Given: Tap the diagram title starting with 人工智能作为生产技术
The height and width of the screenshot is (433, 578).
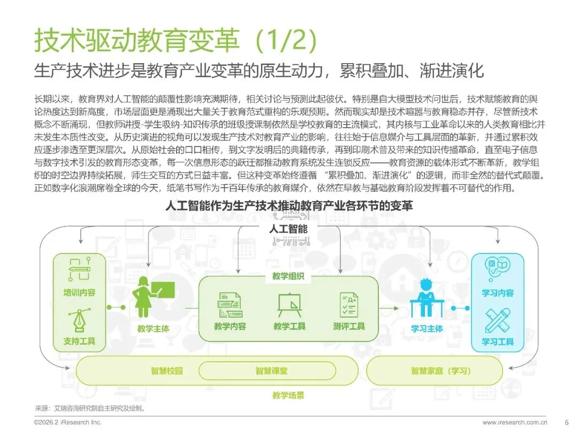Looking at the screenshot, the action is pyautogui.click(x=289, y=205).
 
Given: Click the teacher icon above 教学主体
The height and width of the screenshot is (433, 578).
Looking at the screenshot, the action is pyautogui.click(x=152, y=297).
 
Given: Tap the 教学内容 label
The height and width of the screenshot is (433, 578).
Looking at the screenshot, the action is pyautogui.click(x=230, y=326).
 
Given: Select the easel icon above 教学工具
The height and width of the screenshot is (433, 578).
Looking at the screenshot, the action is pyautogui.click(x=289, y=306).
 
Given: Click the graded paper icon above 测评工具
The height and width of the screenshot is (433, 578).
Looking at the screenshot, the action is pyautogui.click(x=348, y=306).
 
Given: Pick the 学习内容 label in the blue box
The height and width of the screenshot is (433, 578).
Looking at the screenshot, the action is pyautogui.click(x=498, y=293).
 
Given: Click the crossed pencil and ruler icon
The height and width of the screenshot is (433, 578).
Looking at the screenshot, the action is pyautogui.click(x=498, y=321).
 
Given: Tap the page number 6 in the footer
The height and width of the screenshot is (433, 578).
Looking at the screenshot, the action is pyautogui.click(x=566, y=422).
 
